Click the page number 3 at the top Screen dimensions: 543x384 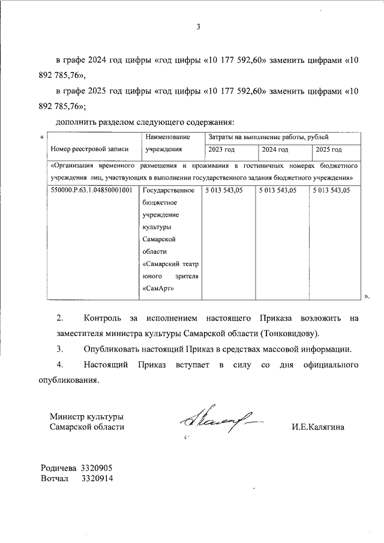(x=198, y=26)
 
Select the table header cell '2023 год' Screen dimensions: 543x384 (x=221, y=149)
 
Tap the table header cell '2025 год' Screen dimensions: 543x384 (x=328, y=149)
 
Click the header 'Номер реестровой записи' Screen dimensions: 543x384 (x=87, y=149)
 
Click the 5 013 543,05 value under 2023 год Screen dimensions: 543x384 (x=226, y=190)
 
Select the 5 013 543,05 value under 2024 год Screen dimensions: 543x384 (x=278, y=190)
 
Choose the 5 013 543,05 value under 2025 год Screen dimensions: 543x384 (x=331, y=190)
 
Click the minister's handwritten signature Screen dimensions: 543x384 (x=219, y=424)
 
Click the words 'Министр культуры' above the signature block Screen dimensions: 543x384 (x=87, y=416)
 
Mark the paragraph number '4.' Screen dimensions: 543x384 (x=59, y=365)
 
